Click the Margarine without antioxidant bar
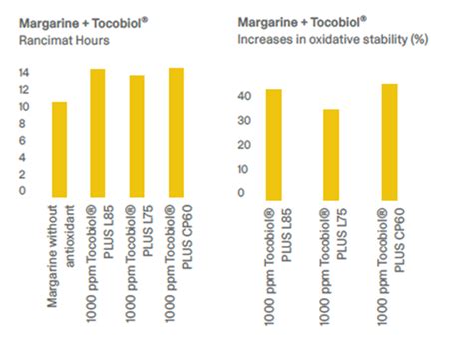coord(59,150)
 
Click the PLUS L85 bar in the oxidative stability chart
coord(273,143)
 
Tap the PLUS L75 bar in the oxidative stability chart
coord(331,153)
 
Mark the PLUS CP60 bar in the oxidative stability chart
coord(389,140)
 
